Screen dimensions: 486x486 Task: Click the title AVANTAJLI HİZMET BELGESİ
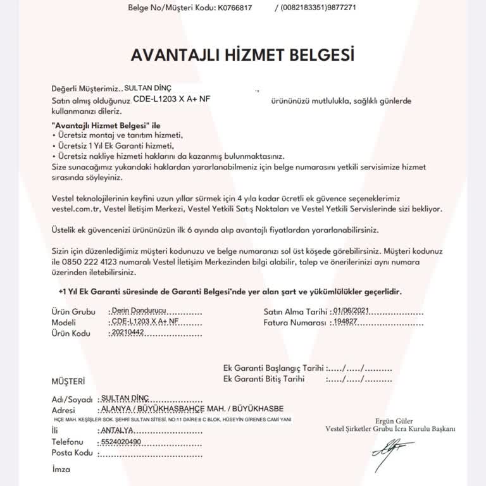(242, 54)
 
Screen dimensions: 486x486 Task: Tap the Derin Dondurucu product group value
(137, 311)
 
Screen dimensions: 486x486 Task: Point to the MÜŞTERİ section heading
(68, 382)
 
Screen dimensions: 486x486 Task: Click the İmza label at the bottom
(61, 470)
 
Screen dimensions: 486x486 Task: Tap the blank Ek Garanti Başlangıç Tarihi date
(359, 368)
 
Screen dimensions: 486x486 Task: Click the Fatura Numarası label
(296, 322)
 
